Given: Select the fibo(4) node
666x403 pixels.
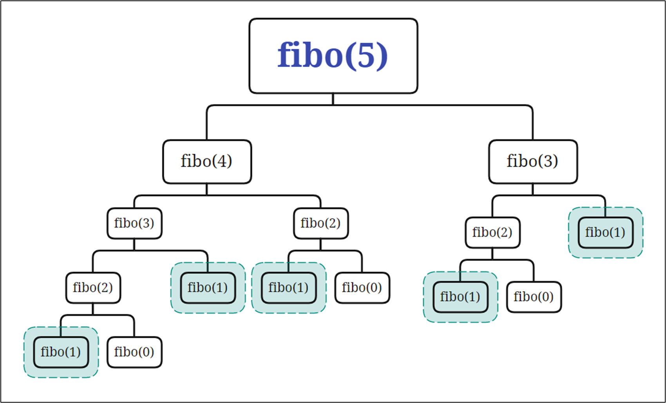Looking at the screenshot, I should pos(207,161).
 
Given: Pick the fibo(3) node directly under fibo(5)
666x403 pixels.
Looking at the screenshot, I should pos(533,161).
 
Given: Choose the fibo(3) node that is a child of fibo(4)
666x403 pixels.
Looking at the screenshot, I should pos(134,223).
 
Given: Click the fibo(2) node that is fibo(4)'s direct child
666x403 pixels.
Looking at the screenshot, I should pos(320,223).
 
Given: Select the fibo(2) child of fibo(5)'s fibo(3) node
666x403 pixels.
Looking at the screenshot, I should pos(492,232).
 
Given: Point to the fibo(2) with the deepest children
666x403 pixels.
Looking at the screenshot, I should pos(93,288).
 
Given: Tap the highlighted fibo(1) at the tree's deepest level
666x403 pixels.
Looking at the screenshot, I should pos(61,352).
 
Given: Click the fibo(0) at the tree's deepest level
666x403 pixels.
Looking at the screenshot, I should pos(134,352).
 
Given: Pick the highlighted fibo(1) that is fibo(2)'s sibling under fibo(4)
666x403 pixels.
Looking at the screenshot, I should pos(208,288).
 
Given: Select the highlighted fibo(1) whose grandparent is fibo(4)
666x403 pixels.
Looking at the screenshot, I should pos(288,288).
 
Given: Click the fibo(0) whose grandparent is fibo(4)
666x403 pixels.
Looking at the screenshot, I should pos(362,288).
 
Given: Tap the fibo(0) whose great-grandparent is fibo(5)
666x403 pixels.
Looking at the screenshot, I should pos(534,297).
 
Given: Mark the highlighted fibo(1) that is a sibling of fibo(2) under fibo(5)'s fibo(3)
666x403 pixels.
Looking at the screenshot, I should pos(605,232).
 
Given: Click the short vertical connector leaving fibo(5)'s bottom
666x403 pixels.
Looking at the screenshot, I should pos(333,99).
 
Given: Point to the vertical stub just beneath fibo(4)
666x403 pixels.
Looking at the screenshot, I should pos(207,190).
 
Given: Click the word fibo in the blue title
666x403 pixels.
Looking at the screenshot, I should pos(309,55).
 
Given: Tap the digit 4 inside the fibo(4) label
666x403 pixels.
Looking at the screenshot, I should pos(222,161).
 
